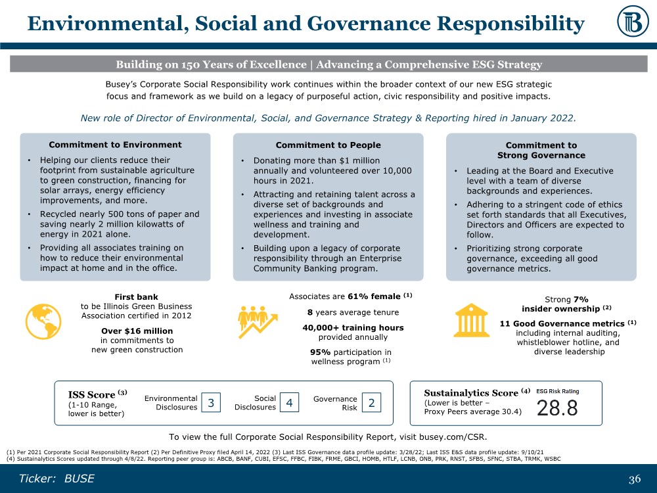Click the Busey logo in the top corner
point(633,24)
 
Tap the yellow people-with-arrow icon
point(256,321)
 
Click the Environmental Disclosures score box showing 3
point(211,402)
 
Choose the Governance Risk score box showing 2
point(371,402)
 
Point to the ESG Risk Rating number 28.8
point(557,408)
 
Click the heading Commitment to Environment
point(116,145)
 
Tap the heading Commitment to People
point(328,145)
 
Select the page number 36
point(634,479)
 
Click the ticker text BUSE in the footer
point(79,479)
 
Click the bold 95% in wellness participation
point(320,352)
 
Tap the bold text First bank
point(136,296)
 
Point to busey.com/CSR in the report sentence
point(455,436)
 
